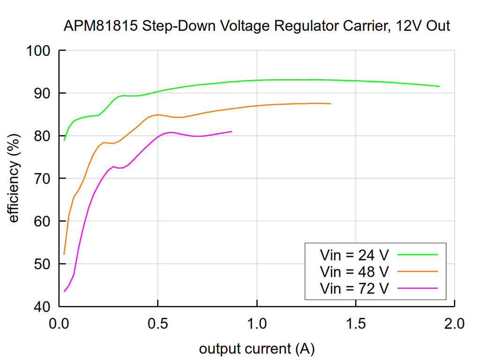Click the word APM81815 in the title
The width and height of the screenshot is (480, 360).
point(100,26)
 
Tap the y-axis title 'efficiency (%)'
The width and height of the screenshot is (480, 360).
point(14,179)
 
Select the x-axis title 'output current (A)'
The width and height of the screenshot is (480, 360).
point(256,349)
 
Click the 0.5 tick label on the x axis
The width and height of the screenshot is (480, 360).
point(158,323)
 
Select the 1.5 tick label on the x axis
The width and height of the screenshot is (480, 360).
point(356,323)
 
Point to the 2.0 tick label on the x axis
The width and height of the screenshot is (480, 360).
point(454,323)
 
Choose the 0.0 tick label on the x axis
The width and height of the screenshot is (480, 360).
point(59,323)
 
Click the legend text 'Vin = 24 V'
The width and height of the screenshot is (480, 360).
point(354,255)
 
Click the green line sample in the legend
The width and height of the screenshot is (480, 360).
point(417,255)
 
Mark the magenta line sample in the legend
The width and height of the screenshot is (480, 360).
point(417,287)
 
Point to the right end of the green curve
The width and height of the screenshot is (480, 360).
point(439,86)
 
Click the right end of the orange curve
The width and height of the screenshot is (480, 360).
point(330,104)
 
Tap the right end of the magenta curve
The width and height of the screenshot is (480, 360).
point(232,131)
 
